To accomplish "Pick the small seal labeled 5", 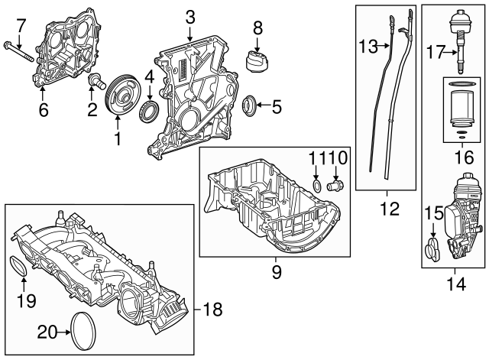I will pyautogui.click(x=249, y=104).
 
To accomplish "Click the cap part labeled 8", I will pyautogui.click(x=257, y=61).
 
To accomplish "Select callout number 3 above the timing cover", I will pyautogui.click(x=190, y=16).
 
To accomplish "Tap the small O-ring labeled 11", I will pyautogui.click(x=317, y=186).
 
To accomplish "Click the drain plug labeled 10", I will pyautogui.click(x=334, y=186).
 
